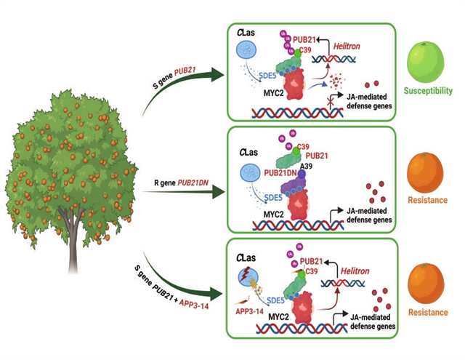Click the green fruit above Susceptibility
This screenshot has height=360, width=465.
429,63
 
